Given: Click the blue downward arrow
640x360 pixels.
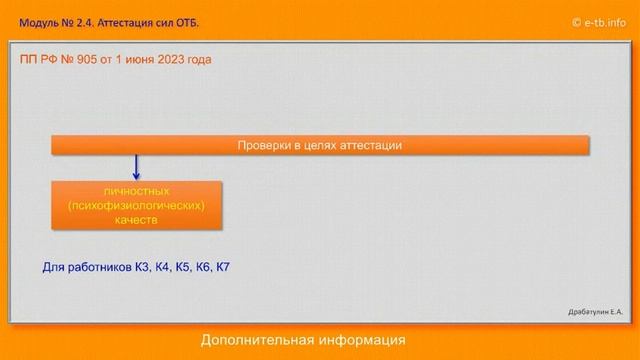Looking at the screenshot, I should click(136, 167).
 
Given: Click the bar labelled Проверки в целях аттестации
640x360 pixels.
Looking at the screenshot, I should click(320, 145).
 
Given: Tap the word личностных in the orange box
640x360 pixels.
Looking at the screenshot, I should click(136, 190).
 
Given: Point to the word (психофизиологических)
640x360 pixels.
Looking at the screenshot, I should click(136, 205).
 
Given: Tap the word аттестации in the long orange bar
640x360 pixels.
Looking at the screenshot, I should click(370, 145).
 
